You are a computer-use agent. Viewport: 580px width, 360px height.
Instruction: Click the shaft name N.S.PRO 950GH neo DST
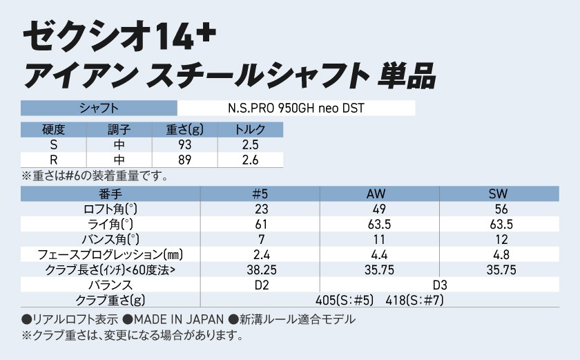pos(296,108)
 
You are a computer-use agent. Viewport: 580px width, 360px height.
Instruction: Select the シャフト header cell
pos(99,108)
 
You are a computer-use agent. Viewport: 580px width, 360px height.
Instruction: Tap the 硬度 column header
pos(53,130)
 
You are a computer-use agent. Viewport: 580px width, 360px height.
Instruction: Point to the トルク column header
pos(250,130)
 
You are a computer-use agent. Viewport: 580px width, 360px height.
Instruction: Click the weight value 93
pos(184,145)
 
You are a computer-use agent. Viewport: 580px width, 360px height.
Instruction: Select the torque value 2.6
pos(250,160)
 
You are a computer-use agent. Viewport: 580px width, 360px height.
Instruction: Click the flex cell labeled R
pos(53,160)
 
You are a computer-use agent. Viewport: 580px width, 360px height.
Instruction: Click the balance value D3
pos(440,285)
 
